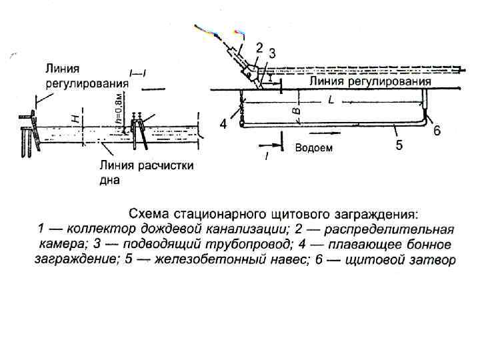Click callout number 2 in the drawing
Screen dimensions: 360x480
tap(259, 48)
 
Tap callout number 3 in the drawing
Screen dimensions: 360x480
tap(272, 53)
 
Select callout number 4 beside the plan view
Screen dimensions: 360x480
tap(223, 124)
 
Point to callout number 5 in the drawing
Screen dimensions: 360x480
tap(399, 145)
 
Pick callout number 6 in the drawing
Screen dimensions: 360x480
tap(437, 131)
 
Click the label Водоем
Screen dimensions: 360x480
tap(313, 148)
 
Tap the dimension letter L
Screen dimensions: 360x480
tap(331, 100)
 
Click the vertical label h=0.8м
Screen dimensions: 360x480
tap(118, 109)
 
